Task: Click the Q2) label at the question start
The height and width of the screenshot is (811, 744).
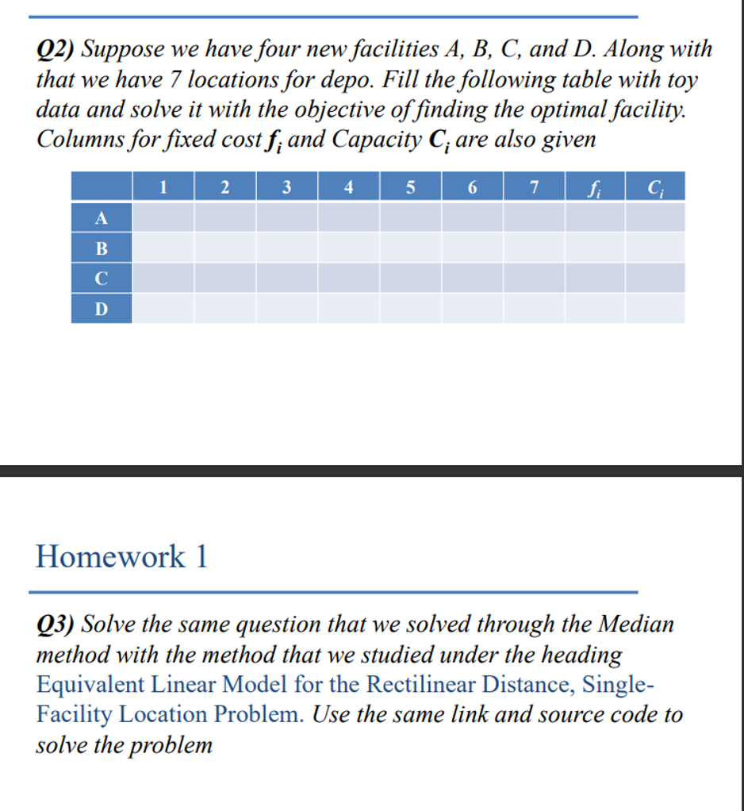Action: [56, 50]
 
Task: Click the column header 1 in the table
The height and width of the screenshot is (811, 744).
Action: [163, 187]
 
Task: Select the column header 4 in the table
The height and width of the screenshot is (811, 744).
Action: [348, 187]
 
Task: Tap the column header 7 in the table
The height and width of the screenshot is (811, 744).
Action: [534, 187]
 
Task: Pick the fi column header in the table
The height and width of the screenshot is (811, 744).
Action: [595, 187]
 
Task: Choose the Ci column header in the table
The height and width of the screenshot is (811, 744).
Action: [654, 187]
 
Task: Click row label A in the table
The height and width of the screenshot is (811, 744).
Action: [101, 217]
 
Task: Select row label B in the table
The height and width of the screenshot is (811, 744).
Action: [101, 248]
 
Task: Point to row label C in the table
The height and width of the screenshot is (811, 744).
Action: [101, 278]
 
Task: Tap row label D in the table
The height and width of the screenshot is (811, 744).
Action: [101, 308]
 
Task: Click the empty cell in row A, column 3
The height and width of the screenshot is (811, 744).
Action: [286, 217]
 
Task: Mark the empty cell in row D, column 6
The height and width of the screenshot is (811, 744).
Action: [472, 308]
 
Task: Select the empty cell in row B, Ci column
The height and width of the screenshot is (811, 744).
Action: [654, 248]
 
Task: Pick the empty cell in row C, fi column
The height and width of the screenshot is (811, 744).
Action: [595, 278]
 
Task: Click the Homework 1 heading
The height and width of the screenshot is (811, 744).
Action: [121, 556]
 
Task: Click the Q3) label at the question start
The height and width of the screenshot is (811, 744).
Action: [56, 625]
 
